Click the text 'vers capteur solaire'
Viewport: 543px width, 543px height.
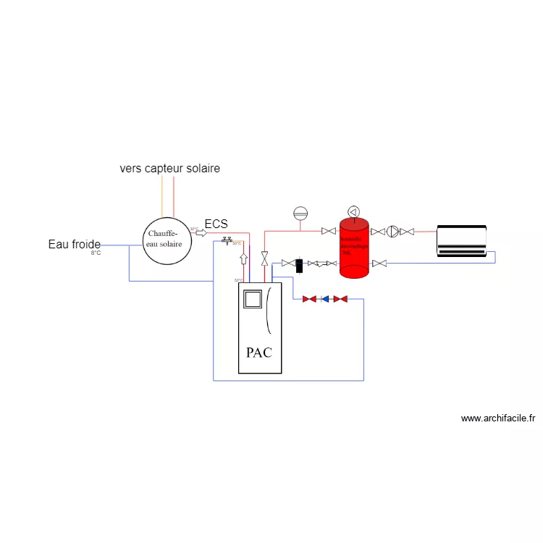pos(169,168)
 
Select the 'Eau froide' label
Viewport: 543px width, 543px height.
pos(74,244)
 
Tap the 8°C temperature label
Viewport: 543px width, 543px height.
pos(96,253)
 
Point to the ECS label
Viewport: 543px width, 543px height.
pos(216,224)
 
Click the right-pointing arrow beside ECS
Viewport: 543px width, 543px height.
pos(201,232)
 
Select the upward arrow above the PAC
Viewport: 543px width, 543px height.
pos(243,258)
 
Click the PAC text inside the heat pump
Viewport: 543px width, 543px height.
pos(259,353)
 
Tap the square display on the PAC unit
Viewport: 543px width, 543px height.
pos(252,298)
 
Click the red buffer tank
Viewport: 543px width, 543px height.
pos(355,247)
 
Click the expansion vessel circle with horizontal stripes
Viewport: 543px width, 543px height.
pos(300,213)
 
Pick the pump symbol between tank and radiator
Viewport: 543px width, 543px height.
pos(392,232)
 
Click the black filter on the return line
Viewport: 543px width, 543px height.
pos(299,263)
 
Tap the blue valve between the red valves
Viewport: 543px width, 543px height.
pos(325,298)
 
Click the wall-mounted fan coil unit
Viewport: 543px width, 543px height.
pos(462,241)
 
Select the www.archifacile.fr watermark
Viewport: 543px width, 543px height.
pos(497,418)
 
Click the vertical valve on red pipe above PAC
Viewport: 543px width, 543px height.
pos(265,258)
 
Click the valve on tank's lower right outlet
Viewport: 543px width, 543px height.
pos(379,263)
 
